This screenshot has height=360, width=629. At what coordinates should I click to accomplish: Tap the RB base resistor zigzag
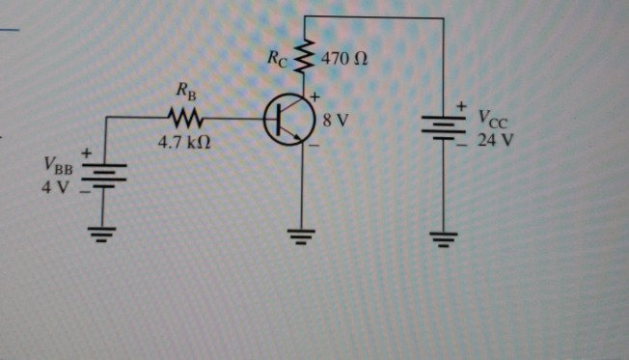tap(184, 119)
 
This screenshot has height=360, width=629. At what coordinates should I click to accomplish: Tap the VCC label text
tap(490, 120)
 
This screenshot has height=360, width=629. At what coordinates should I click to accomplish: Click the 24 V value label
tap(495, 138)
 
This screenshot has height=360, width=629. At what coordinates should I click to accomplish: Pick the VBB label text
tap(57, 168)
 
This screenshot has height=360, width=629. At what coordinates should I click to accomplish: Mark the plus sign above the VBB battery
tap(87, 152)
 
